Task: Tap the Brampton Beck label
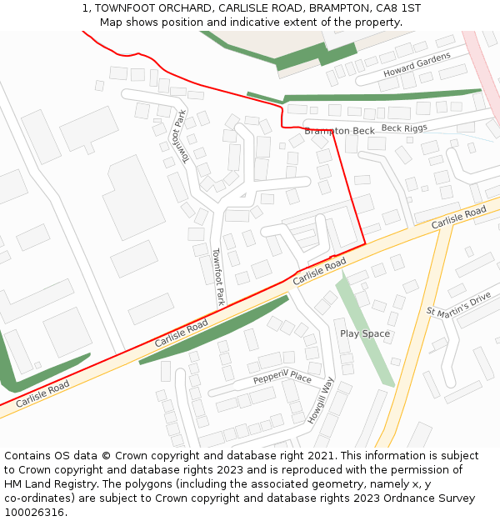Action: point(339,131)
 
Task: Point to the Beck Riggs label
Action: point(404,128)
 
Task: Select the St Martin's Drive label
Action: point(458,305)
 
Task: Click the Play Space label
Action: point(365,333)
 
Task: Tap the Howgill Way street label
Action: point(320,400)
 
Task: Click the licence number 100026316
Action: point(35,512)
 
